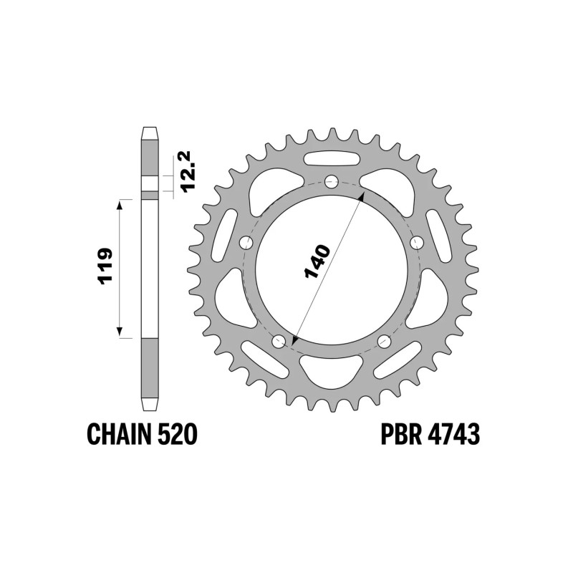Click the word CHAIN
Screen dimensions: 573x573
coord(118,435)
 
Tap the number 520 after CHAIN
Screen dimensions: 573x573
coord(176,435)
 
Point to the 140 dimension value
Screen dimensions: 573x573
coord(317,261)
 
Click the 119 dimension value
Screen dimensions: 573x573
coord(105,266)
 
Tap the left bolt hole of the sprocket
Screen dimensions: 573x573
coord(246,242)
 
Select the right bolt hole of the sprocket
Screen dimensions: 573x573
coord(417,242)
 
